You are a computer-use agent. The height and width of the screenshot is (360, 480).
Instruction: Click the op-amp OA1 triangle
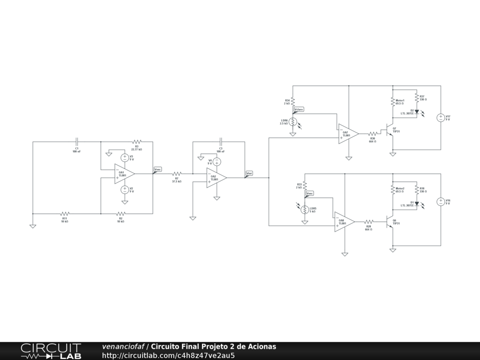click(124, 173)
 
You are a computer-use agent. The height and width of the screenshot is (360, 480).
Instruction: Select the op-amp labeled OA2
click(216, 178)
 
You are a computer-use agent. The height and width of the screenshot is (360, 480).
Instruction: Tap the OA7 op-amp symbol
click(348, 134)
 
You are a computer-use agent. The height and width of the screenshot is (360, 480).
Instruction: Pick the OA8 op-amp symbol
click(344, 222)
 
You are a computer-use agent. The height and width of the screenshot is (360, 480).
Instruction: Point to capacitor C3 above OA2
click(220, 141)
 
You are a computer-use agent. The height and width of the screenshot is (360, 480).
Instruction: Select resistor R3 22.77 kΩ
click(136, 141)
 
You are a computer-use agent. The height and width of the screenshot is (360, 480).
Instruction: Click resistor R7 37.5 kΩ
click(177, 173)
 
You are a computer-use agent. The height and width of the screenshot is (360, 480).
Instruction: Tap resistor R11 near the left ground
click(65, 213)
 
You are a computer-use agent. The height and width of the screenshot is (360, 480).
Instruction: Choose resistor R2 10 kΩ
click(120, 213)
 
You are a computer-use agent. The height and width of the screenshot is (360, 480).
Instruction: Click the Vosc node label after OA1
click(157, 169)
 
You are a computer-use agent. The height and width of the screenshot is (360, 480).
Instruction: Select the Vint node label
click(249, 173)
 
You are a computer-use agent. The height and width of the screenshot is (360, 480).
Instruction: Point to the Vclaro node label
click(299, 109)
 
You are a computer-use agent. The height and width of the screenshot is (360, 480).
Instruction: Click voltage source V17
click(441, 118)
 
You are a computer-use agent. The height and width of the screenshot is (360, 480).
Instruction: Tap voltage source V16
click(441, 202)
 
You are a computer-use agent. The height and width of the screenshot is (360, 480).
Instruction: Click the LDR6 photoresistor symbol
click(293, 122)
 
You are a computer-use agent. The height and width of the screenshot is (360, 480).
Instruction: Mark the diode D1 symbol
click(416, 204)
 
